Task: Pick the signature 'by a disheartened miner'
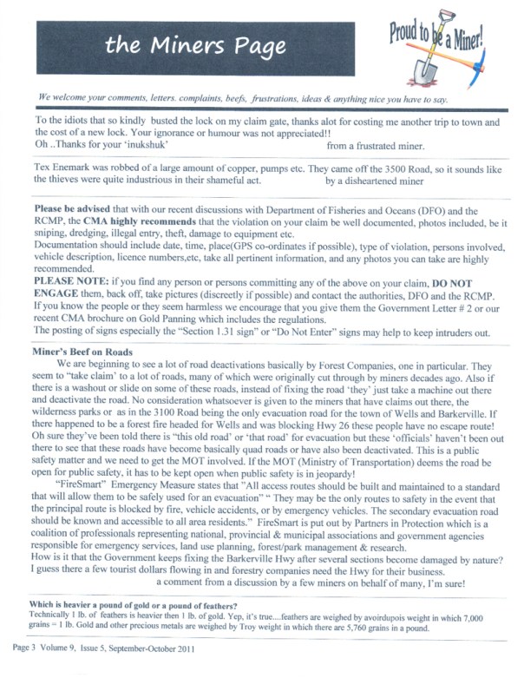[x=375, y=181]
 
